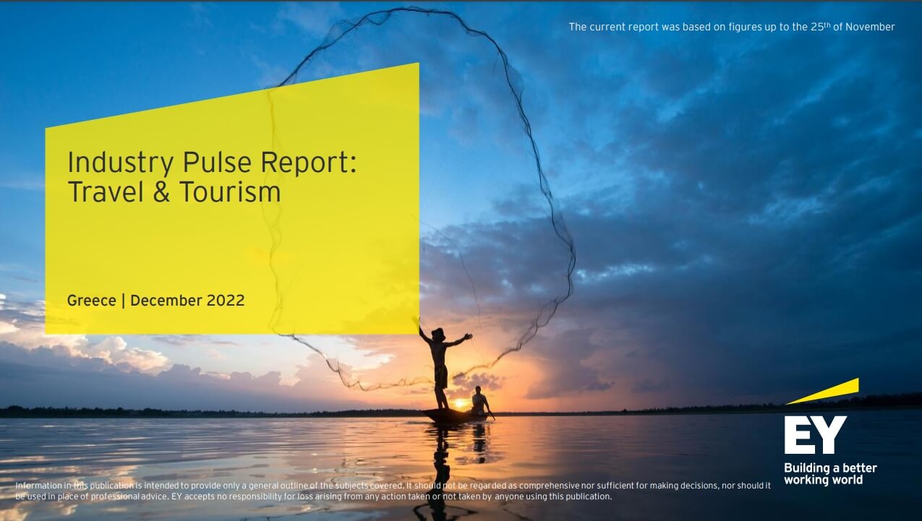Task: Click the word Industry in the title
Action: click(120, 163)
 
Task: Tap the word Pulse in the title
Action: click(216, 162)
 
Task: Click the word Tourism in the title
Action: click(230, 191)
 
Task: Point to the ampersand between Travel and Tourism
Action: click(161, 191)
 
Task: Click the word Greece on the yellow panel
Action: click(91, 301)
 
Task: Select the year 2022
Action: click(226, 300)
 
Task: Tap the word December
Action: click(166, 300)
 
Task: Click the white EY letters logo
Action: click(815, 434)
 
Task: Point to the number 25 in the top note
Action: click(817, 27)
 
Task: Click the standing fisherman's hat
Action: click(438, 333)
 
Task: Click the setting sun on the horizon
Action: click(459, 403)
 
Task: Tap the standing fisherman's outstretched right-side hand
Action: click(468, 336)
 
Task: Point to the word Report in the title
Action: click(308, 163)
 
